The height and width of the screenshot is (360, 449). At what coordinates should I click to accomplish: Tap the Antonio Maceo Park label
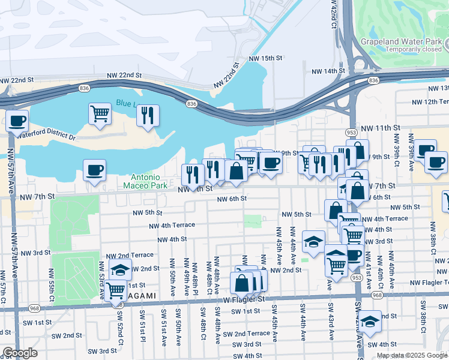(x=146, y=181)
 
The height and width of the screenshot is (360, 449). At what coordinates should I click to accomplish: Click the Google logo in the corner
(x=20, y=353)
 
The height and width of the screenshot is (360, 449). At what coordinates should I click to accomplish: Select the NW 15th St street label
(x=267, y=58)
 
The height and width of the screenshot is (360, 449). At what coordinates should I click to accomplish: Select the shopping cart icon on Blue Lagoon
(x=100, y=113)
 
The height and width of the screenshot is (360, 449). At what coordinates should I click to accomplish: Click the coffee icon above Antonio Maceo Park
(x=94, y=170)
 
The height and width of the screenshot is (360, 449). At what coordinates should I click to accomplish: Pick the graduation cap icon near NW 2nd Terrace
(x=121, y=269)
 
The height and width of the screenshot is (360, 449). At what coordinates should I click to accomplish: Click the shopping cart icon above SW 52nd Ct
(x=116, y=290)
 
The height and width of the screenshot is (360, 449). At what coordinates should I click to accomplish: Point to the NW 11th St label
(x=384, y=128)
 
